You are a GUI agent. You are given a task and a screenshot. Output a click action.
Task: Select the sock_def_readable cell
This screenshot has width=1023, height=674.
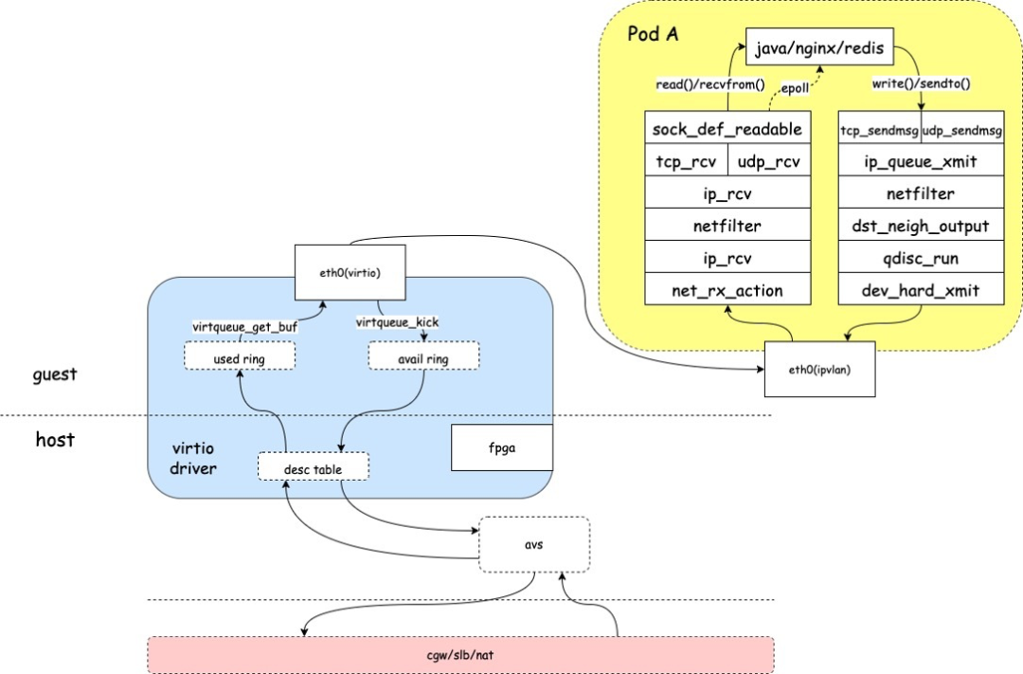[727, 129]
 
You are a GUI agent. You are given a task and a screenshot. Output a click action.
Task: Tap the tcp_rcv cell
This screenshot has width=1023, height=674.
[686, 161]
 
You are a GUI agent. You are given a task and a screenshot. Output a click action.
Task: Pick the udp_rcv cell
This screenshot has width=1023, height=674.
[768, 161]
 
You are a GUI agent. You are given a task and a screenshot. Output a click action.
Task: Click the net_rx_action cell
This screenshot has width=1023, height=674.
[727, 290]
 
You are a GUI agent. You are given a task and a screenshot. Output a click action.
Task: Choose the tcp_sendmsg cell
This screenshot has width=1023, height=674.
[880, 129]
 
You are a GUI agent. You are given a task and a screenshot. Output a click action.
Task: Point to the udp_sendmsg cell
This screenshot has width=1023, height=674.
[962, 129]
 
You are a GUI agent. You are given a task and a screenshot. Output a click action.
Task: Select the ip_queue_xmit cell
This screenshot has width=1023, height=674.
[921, 161]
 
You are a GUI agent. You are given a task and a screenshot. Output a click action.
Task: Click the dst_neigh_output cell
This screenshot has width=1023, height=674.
[921, 226]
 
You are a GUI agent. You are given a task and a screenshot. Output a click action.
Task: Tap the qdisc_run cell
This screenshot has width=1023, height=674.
[921, 258]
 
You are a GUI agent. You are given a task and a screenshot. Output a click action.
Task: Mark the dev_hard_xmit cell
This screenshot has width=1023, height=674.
[921, 290]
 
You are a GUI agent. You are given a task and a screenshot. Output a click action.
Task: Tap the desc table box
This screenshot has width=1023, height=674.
[313, 466]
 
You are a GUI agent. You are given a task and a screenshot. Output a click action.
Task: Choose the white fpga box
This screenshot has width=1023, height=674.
[502, 447]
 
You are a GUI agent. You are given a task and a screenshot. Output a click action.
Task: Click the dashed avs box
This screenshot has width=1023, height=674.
[534, 544]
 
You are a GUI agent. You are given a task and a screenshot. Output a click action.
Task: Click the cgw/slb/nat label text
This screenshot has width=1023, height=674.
[460, 654]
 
